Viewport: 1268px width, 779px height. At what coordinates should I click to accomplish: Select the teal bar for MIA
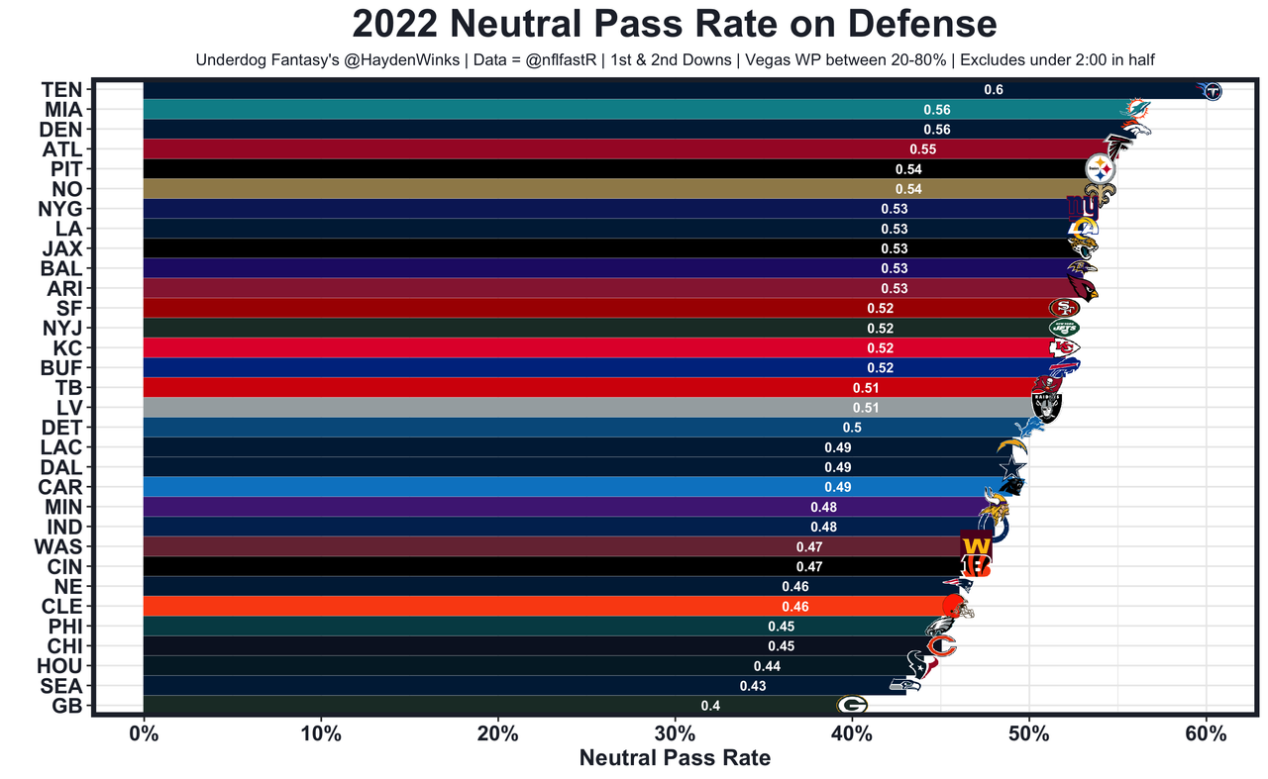[495, 110]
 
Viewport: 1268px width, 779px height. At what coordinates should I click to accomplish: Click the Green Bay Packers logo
[852, 705]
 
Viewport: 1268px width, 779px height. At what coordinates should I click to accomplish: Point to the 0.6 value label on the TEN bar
[993, 90]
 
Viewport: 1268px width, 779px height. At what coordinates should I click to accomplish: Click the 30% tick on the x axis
[675, 734]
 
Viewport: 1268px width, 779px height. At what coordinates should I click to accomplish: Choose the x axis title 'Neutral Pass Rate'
[675, 759]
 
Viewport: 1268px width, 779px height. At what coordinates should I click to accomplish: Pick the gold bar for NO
[495, 189]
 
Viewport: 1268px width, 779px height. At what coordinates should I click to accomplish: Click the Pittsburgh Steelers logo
[1101, 168]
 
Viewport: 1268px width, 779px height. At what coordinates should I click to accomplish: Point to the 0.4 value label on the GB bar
[710, 706]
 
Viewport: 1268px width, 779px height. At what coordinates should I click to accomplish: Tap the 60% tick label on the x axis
[1206, 734]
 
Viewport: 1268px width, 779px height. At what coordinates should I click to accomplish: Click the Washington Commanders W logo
[975, 545]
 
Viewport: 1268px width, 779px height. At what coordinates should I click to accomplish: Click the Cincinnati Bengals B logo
[975, 565]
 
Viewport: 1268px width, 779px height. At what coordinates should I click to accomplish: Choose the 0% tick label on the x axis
[144, 734]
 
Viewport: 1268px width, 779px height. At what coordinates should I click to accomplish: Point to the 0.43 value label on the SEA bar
[752, 686]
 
